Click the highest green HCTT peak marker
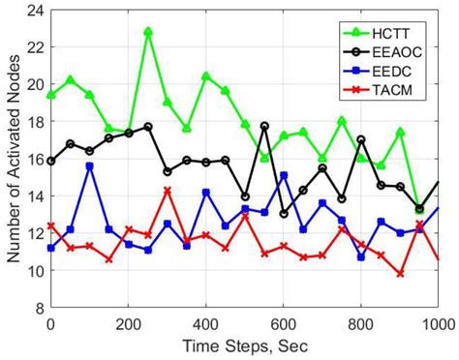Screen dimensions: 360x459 click(148, 32)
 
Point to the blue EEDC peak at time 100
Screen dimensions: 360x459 click(90, 166)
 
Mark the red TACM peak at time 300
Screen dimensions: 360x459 click(168, 191)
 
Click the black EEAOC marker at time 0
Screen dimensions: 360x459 click(50, 161)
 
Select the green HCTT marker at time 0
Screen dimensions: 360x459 click(50, 95)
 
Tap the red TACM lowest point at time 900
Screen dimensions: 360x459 click(400, 274)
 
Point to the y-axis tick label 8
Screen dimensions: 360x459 click(37, 309)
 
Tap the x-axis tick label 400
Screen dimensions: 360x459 click(205, 324)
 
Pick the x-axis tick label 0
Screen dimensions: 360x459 click(50, 324)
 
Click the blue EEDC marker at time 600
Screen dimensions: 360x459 click(284, 175)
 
